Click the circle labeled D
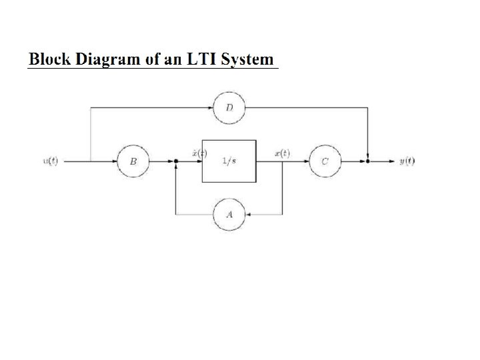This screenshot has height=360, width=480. (x=229, y=109)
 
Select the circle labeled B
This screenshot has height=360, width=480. (x=133, y=161)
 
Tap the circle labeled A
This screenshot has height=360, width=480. (x=229, y=214)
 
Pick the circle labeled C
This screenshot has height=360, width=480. (x=325, y=161)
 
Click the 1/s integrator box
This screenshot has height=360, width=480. (x=229, y=161)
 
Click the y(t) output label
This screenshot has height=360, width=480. (x=407, y=161)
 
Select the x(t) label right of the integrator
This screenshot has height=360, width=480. (x=282, y=153)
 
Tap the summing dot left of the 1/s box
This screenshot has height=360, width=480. (x=175, y=161)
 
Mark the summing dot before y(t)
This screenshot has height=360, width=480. (x=367, y=161)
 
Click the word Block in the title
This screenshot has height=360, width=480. (x=50, y=59)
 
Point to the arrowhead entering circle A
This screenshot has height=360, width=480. (x=248, y=214)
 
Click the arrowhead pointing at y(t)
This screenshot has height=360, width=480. (x=391, y=161)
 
